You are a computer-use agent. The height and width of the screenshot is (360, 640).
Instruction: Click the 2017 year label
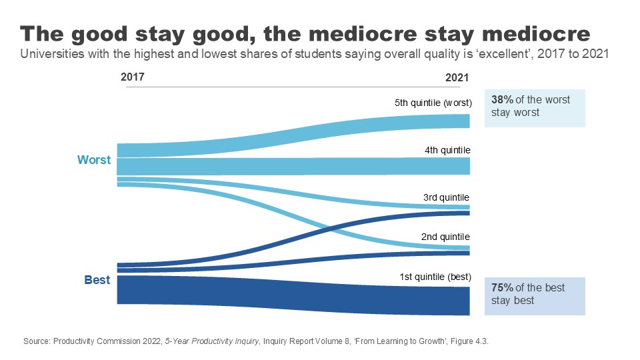pyautogui.click(x=132, y=77)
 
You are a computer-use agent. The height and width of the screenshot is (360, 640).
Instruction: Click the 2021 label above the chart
pyautogui.click(x=457, y=78)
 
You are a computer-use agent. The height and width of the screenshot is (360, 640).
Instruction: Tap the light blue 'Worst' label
pyautogui.click(x=94, y=160)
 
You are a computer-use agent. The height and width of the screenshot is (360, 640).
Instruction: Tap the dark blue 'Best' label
pyautogui.click(x=97, y=280)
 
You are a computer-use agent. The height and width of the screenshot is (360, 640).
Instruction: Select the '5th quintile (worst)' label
pyautogui.click(x=433, y=103)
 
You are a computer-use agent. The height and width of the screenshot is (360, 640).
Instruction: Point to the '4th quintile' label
pyautogui.click(x=447, y=150)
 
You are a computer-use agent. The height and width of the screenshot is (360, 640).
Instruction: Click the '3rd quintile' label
pyautogui.click(x=446, y=198)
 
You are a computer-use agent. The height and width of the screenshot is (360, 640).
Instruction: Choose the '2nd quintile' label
pyautogui.click(x=445, y=237)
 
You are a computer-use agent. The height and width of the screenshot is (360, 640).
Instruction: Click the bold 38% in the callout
pyautogui.click(x=502, y=99)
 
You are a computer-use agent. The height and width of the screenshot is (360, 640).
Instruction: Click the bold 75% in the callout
pyautogui.click(x=502, y=287)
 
